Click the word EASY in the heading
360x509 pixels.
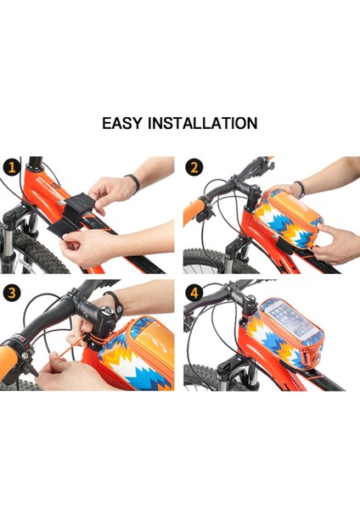point(122,123)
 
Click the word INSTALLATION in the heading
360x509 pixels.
point(203,123)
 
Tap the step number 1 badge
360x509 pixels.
point(12,167)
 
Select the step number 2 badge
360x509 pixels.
point(194,167)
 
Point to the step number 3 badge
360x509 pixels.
point(12,294)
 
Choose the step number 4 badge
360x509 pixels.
point(194,294)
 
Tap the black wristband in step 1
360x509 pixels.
point(132,183)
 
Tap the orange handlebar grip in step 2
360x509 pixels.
point(194,213)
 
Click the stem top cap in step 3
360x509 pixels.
point(107,312)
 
